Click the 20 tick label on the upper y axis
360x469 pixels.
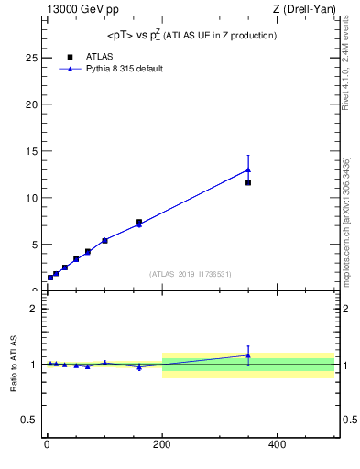32,104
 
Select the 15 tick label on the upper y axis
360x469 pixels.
32,151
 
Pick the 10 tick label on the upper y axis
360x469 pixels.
32,198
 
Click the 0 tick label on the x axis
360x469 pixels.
47,446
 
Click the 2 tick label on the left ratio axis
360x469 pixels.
34,309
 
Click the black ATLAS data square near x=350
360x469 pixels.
248,182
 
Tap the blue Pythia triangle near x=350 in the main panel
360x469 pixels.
248,169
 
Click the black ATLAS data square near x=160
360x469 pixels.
139,222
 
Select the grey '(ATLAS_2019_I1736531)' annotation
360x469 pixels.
191,274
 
